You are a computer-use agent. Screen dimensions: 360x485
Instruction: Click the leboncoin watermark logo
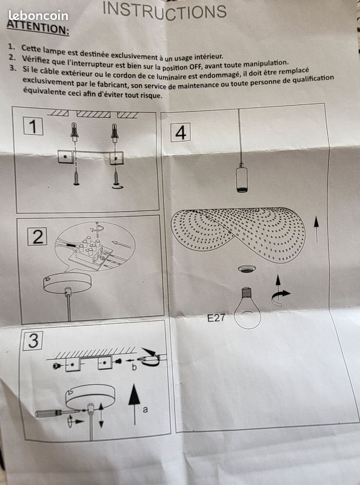(38, 16)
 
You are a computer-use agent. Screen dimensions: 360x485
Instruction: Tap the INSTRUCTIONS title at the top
(164, 11)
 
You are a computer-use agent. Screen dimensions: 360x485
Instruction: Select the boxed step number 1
(33, 126)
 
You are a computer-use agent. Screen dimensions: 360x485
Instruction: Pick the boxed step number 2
(38, 236)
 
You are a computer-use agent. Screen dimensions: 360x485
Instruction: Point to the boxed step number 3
(33, 340)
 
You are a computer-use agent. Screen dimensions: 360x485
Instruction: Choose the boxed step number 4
(181, 132)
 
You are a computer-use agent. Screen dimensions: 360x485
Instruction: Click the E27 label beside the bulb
(216, 318)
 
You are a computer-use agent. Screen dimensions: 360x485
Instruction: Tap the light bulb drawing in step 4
(247, 308)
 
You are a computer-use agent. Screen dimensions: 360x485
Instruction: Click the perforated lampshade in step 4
(238, 233)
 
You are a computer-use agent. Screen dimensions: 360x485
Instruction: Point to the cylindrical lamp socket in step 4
(242, 179)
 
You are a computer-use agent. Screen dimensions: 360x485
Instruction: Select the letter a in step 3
(145, 410)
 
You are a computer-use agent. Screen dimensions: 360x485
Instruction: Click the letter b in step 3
(134, 367)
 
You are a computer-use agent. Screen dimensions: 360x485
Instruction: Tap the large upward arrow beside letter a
(134, 404)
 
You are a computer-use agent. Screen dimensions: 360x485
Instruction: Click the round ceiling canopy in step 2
(67, 283)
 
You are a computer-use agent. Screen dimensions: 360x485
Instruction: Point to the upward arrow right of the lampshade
(316, 229)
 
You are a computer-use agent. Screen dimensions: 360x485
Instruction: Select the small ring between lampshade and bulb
(247, 269)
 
